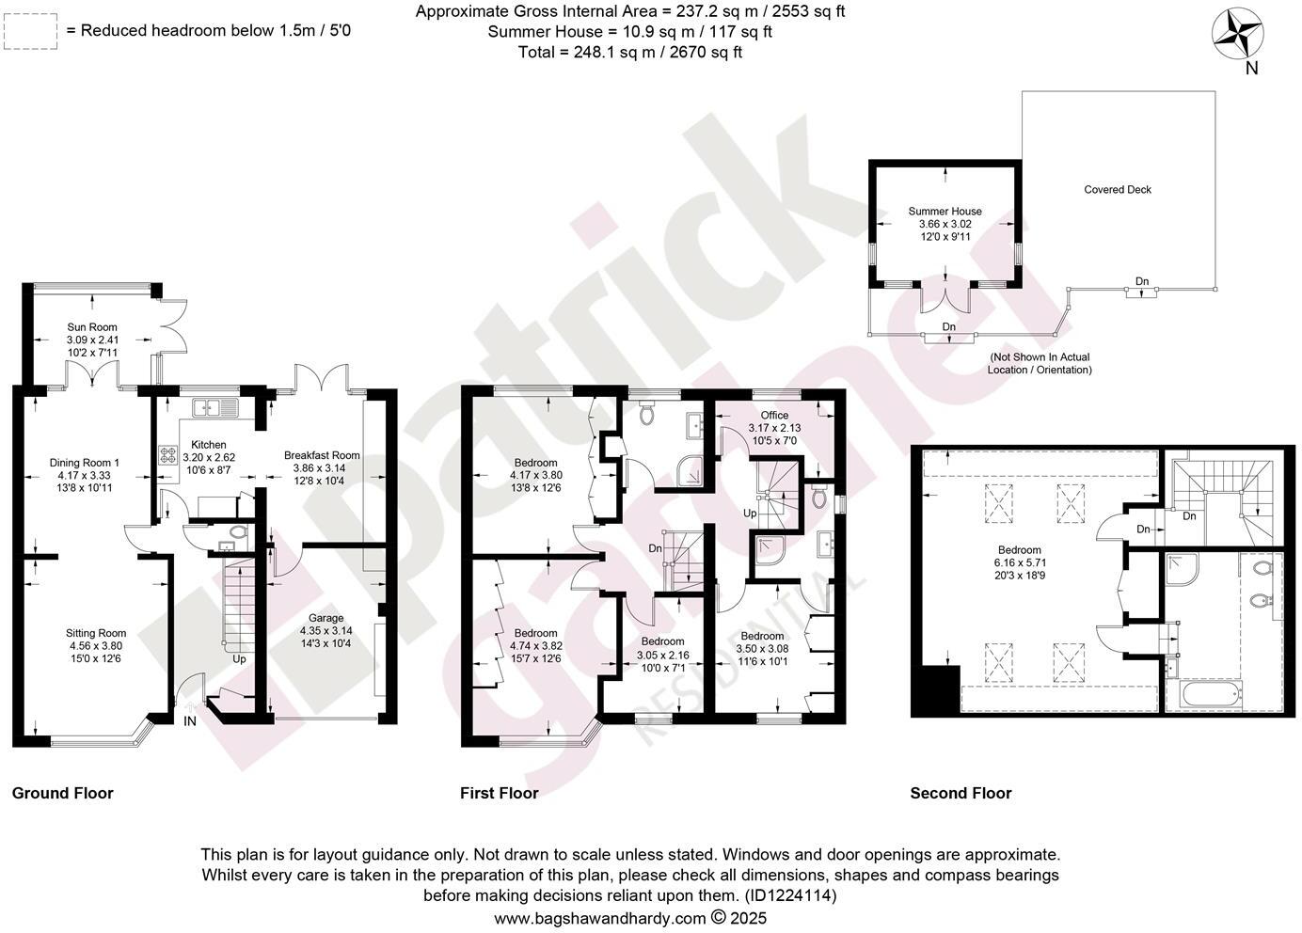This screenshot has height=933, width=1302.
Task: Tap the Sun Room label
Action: click(91, 327)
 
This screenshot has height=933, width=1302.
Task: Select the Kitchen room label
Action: click(208, 445)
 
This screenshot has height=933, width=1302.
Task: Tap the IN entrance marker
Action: click(190, 721)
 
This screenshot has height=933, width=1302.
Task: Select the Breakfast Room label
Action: click(322, 455)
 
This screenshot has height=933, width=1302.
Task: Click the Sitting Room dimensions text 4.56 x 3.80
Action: click(95, 646)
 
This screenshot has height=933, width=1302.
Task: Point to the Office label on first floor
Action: click(774, 415)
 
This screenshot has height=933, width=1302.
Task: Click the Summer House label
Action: click(945, 212)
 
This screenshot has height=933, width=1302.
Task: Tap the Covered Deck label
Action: click(1117, 190)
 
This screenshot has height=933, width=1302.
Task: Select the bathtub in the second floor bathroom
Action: click(1205, 695)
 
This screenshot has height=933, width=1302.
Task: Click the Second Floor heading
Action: click(960, 793)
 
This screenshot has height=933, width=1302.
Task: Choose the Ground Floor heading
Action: click(62, 793)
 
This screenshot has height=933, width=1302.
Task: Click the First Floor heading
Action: click(499, 793)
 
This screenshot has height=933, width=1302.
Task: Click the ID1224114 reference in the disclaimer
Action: click(790, 895)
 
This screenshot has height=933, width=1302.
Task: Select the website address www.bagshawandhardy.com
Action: click(599, 918)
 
